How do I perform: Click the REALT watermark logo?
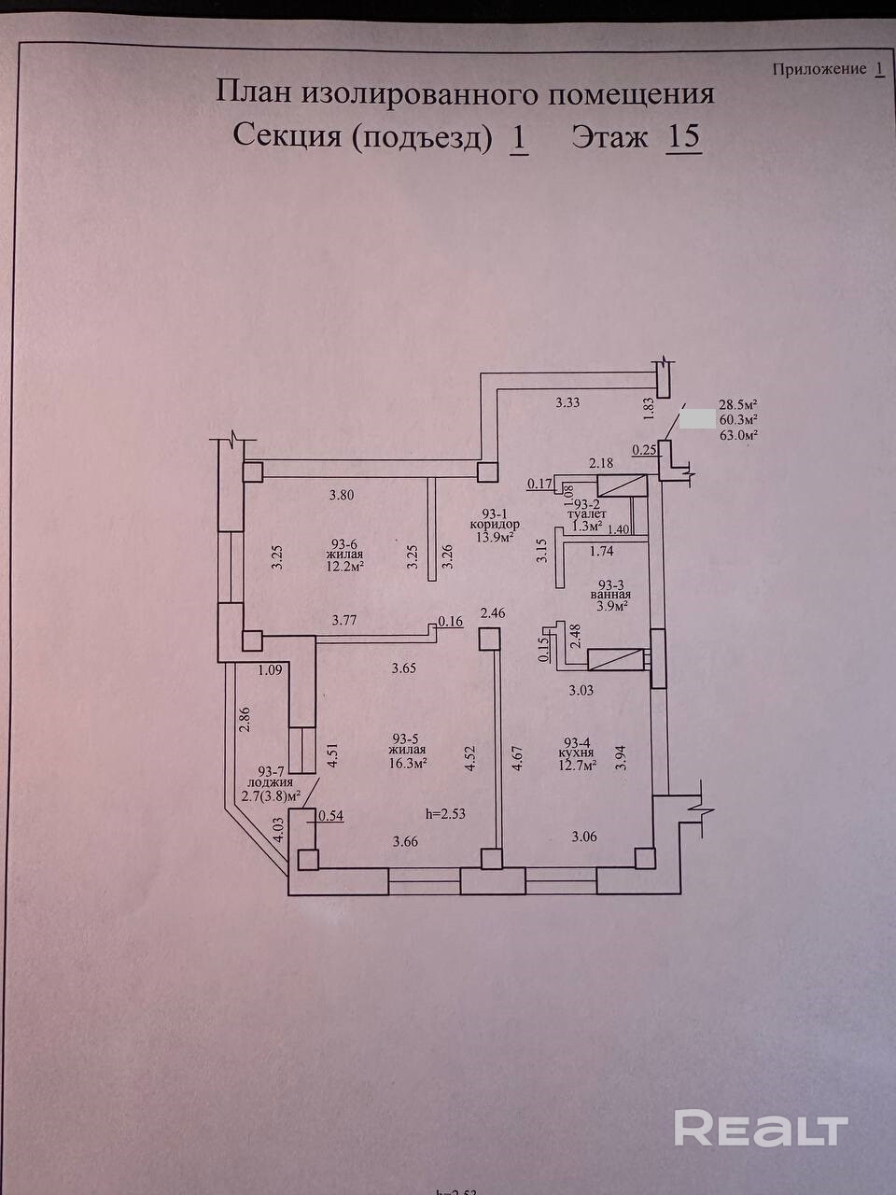pyautogui.click(x=761, y=1128)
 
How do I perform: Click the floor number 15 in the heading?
pyautogui.click(x=682, y=137)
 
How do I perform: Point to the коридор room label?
pyautogui.click(x=495, y=525)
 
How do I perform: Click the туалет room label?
pyautogui.click(x=587, y=514)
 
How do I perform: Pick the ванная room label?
pyautogui.click(x=610, y=594)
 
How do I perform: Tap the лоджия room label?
pyautogui.click(x=272, y=782)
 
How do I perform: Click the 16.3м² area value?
pyautogui.click(x=407, y=763)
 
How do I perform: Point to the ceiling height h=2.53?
pyautogui.click(x=445, y=813)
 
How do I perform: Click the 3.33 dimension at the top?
pyautogui.click(x=568, y=402)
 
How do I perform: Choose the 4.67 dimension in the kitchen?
pyautogui.click(x=517, y=753)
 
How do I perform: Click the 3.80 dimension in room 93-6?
pyautogui.click(x=343, y=496)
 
